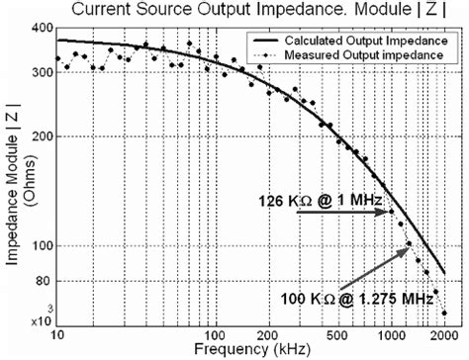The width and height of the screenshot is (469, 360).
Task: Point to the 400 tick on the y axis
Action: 41,29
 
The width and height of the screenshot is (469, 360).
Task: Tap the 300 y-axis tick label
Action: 41,72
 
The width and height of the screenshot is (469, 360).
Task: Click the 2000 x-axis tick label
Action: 442,328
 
